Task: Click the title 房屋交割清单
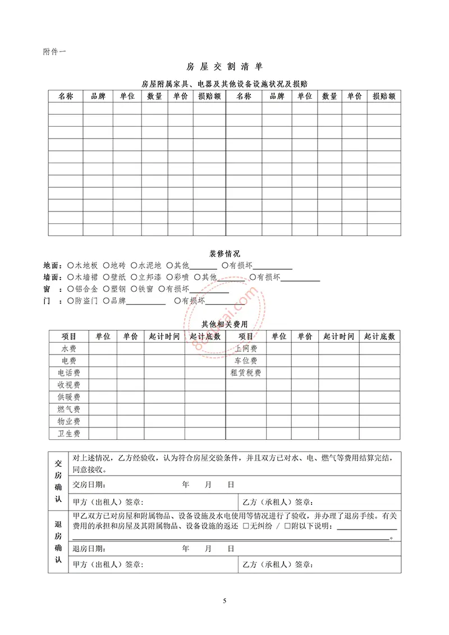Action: [224, 66]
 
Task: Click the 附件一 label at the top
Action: [54, 52]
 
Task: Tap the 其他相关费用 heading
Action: [224, 324]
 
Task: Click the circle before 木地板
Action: [70, 265]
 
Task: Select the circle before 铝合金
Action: [70, 289]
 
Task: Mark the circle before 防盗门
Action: [70, 301]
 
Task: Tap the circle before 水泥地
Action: [134, 265]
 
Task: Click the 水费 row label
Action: [69, 348]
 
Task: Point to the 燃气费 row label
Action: [69, 409]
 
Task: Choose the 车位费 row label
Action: [246, 361]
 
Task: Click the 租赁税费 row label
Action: [246, 373]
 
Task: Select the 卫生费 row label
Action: [69, 434]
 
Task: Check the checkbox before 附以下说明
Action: [287, 527]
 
